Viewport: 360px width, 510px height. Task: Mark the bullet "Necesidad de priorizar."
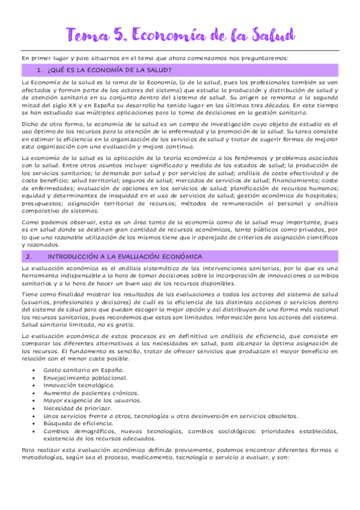(78, 408)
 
